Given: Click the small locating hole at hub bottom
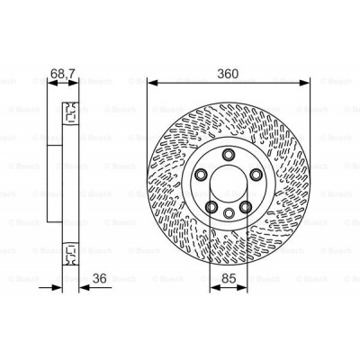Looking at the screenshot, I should (228, 213).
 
